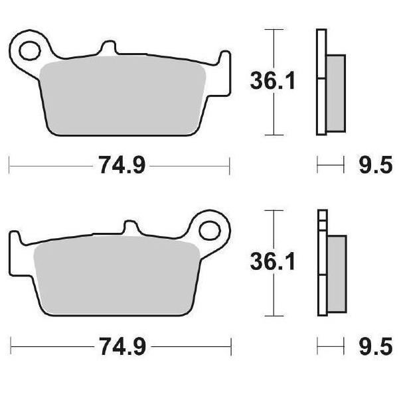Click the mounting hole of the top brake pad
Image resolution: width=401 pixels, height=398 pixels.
pyautogui.click(x=30, y=51)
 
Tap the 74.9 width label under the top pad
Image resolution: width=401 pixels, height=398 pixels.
pyautogui.click(x=122, y=165)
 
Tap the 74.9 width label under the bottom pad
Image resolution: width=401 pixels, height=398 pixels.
pyautogui.click(x=123, y=346)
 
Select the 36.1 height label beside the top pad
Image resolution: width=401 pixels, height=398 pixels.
pyautogui.click(x=273, y=81)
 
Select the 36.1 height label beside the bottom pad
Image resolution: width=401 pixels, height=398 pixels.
pyautogui.click(x=273, y=261)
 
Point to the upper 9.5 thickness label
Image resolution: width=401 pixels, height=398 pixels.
pyautogui.click(x=375, y=165)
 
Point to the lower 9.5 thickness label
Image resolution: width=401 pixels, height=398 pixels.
pyautogui.click(x=375, y=346)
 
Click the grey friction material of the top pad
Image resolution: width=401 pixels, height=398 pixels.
pyautogui.click(x=123, y=96)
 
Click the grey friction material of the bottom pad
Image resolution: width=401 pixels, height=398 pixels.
pyautogui.click(x=117, y=276)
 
